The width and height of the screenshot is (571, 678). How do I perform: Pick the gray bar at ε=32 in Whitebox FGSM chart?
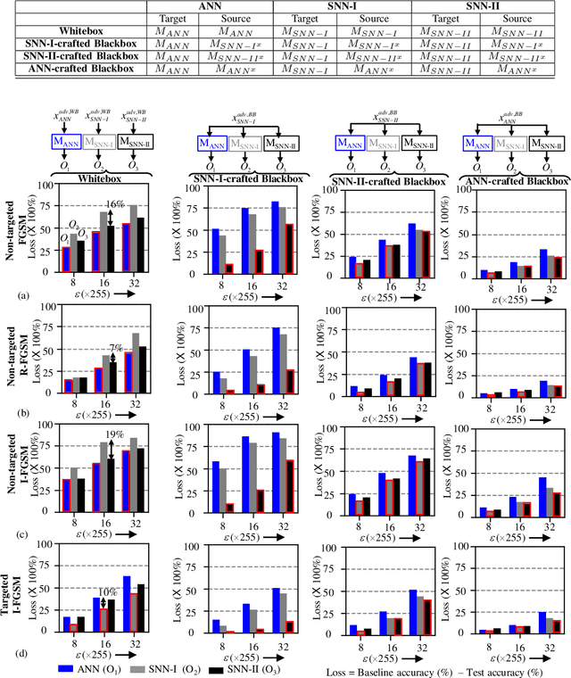click(x=134, y=237)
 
